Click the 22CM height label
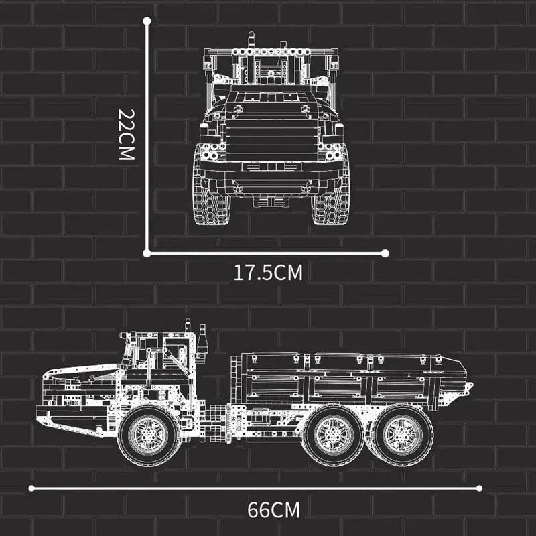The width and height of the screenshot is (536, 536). click(127, 135)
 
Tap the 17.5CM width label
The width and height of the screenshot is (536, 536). click(268, 273)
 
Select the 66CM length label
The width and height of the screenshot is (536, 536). click(273, 510)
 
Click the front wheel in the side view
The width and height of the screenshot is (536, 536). click(149, 435)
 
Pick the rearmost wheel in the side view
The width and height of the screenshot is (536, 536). click(403, 435)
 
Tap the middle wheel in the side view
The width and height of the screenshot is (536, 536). click(332, 435)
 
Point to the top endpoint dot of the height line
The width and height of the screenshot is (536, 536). click(147, 21)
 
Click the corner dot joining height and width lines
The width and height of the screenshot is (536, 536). click(147, 253)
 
